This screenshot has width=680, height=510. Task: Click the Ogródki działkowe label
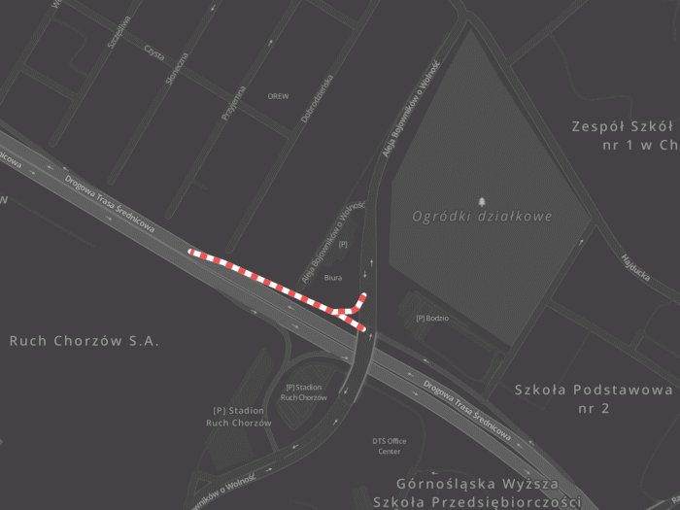pyautogui.click(x=482, y=217)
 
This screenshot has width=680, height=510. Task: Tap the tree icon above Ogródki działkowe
pyautogui.click(x=482, y=200)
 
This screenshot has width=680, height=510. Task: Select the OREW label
pyautogui.click(x=278, y=96)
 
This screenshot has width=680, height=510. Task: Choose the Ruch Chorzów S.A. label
pyautogui.click(x=84, y=341)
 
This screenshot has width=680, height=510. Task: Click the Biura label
pyautogui.click(x=333, y=278)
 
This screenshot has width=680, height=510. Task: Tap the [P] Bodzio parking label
pyautogui.click(x=432, y=318)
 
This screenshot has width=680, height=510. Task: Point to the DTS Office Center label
pyautogui.click(x=389, y=446)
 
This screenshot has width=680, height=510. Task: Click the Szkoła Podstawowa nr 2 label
pyautogui.click(x=594, y=398)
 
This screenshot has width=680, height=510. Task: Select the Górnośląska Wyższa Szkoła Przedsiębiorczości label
pyautogui.click(x=488, y=493)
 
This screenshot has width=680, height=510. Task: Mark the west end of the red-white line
pyautogui.click(x=191, y=253)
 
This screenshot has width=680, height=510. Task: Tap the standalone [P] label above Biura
pyautogui.click(x=342, y=245)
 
